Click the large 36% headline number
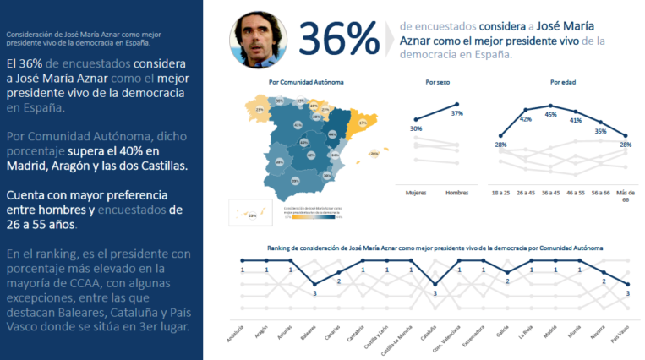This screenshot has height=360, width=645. pos(339,38)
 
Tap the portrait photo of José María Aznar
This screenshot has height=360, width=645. pos(256,38)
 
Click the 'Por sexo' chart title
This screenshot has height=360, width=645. pos(437,83)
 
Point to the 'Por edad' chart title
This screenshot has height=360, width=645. pos(561,83)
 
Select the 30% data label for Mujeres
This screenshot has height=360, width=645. pos(416,128)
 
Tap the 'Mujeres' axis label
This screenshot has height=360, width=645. pos(416,192)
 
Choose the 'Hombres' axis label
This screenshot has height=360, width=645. pos(457,192)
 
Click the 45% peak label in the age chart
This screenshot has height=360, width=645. pos(550,115)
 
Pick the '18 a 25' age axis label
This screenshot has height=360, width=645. pos(501,192)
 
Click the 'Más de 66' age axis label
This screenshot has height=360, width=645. pos(625,195)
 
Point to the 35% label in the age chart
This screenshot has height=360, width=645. pos(600,131)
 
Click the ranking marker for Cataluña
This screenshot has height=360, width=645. pos(435,284)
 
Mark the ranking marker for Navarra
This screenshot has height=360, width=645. pos(604,272)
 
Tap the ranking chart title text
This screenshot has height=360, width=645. pos(435,248)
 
